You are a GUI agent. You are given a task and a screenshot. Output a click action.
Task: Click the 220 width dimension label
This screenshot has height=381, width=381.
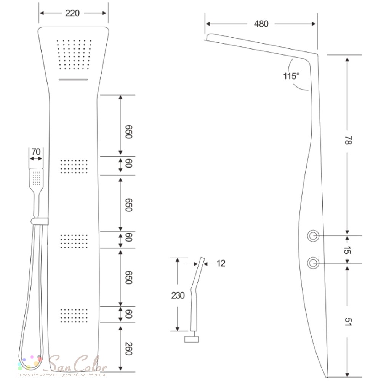tap(72, 13)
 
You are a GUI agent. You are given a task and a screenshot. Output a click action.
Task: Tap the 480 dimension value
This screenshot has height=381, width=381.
tap(261, 24)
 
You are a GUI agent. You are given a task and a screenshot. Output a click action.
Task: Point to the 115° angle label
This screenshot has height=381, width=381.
tap(291, 76)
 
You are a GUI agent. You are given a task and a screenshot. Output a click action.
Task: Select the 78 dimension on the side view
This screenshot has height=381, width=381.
tap(348, 140)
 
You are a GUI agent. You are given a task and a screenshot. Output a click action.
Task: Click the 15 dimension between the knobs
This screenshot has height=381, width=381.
tap(348, 250)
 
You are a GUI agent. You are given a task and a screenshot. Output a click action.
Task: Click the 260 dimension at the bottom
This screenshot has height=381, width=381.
tap(128, 349)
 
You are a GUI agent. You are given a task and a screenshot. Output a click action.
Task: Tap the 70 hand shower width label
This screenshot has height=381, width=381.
tap(36, 152)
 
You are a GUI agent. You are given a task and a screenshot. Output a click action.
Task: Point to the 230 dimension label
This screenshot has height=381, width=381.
tap(178, 296)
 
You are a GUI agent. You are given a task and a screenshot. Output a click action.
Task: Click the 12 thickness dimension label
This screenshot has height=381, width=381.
tap(221, 263)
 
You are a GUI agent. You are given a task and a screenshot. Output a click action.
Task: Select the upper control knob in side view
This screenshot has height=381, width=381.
tap(313, 236)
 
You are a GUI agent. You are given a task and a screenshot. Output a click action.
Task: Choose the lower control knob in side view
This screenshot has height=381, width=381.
tap(313, 263)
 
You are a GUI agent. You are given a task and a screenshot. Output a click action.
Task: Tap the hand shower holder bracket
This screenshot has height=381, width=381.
tap(39, 221)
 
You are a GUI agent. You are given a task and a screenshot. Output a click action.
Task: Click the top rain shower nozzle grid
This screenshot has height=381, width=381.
tap(74, 54)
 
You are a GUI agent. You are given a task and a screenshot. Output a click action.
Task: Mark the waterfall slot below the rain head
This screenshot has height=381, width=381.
tap(74, 80)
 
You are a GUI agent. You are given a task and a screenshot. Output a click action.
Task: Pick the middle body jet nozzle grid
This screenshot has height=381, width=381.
tap(74, 241)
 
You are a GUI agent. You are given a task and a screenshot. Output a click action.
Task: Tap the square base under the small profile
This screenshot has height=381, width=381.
tap(192, 339)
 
